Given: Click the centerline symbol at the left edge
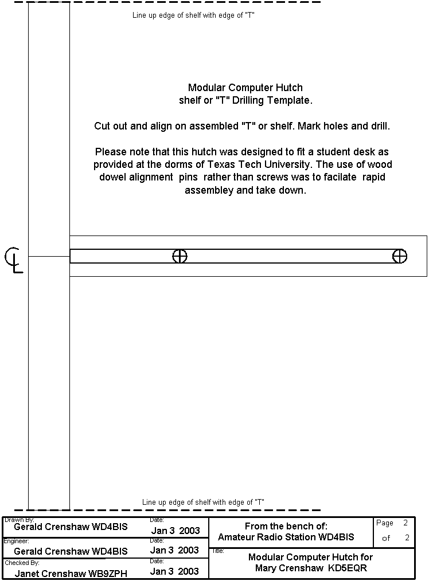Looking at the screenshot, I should coord(14,259).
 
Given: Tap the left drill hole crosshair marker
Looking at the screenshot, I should coord(180,256).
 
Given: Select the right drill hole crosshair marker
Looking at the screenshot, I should coord(400,256).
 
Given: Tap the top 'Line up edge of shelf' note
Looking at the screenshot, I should coord(194,15).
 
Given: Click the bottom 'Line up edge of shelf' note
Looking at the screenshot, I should coord(203,502).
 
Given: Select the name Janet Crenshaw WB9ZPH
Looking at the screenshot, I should coord(71,573).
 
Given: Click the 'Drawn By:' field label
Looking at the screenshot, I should coord(19,520).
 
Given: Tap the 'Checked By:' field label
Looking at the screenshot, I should coord(22,563).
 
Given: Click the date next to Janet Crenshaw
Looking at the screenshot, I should coord(174,571).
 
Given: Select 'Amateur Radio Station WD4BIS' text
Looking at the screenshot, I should coord(286,537).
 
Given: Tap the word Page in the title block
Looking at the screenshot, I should coord(385,523).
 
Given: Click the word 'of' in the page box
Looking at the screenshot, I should coord(386,538).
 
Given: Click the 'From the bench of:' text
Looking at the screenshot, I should coord(286,526).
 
